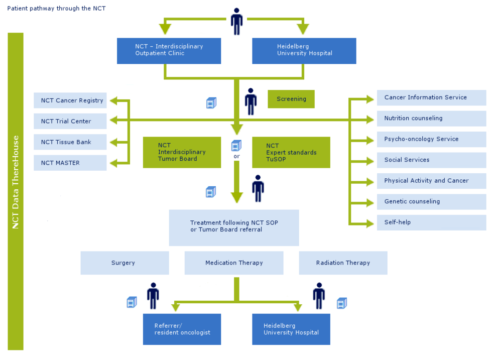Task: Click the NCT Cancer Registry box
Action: [x=70, y=100]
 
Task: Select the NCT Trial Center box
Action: [x=70, y=121]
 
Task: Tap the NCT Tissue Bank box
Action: [x=70, y=142]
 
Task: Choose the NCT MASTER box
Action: [x=70, y=163]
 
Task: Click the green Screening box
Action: [x=291, y=99]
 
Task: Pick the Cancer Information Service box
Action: [x=431, y=97]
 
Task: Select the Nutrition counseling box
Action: [x=431, y=118]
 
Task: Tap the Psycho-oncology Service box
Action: [x=431, y=139]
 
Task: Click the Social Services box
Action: [x=431, y=160]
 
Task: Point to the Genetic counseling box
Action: [x=431, y=201]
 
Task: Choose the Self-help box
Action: [x=431, y=222]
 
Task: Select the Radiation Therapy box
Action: [x=343, y=263]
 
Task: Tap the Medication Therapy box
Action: [x=234, y=263]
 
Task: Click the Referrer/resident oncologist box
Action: [x=182, y=329]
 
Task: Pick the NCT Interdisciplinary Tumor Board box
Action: [x=182, y=152]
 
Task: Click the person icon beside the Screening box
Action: [x=251, y=101]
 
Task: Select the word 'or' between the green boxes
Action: [x=237, y=156]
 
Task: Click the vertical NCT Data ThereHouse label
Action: [x=16, y=191]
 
